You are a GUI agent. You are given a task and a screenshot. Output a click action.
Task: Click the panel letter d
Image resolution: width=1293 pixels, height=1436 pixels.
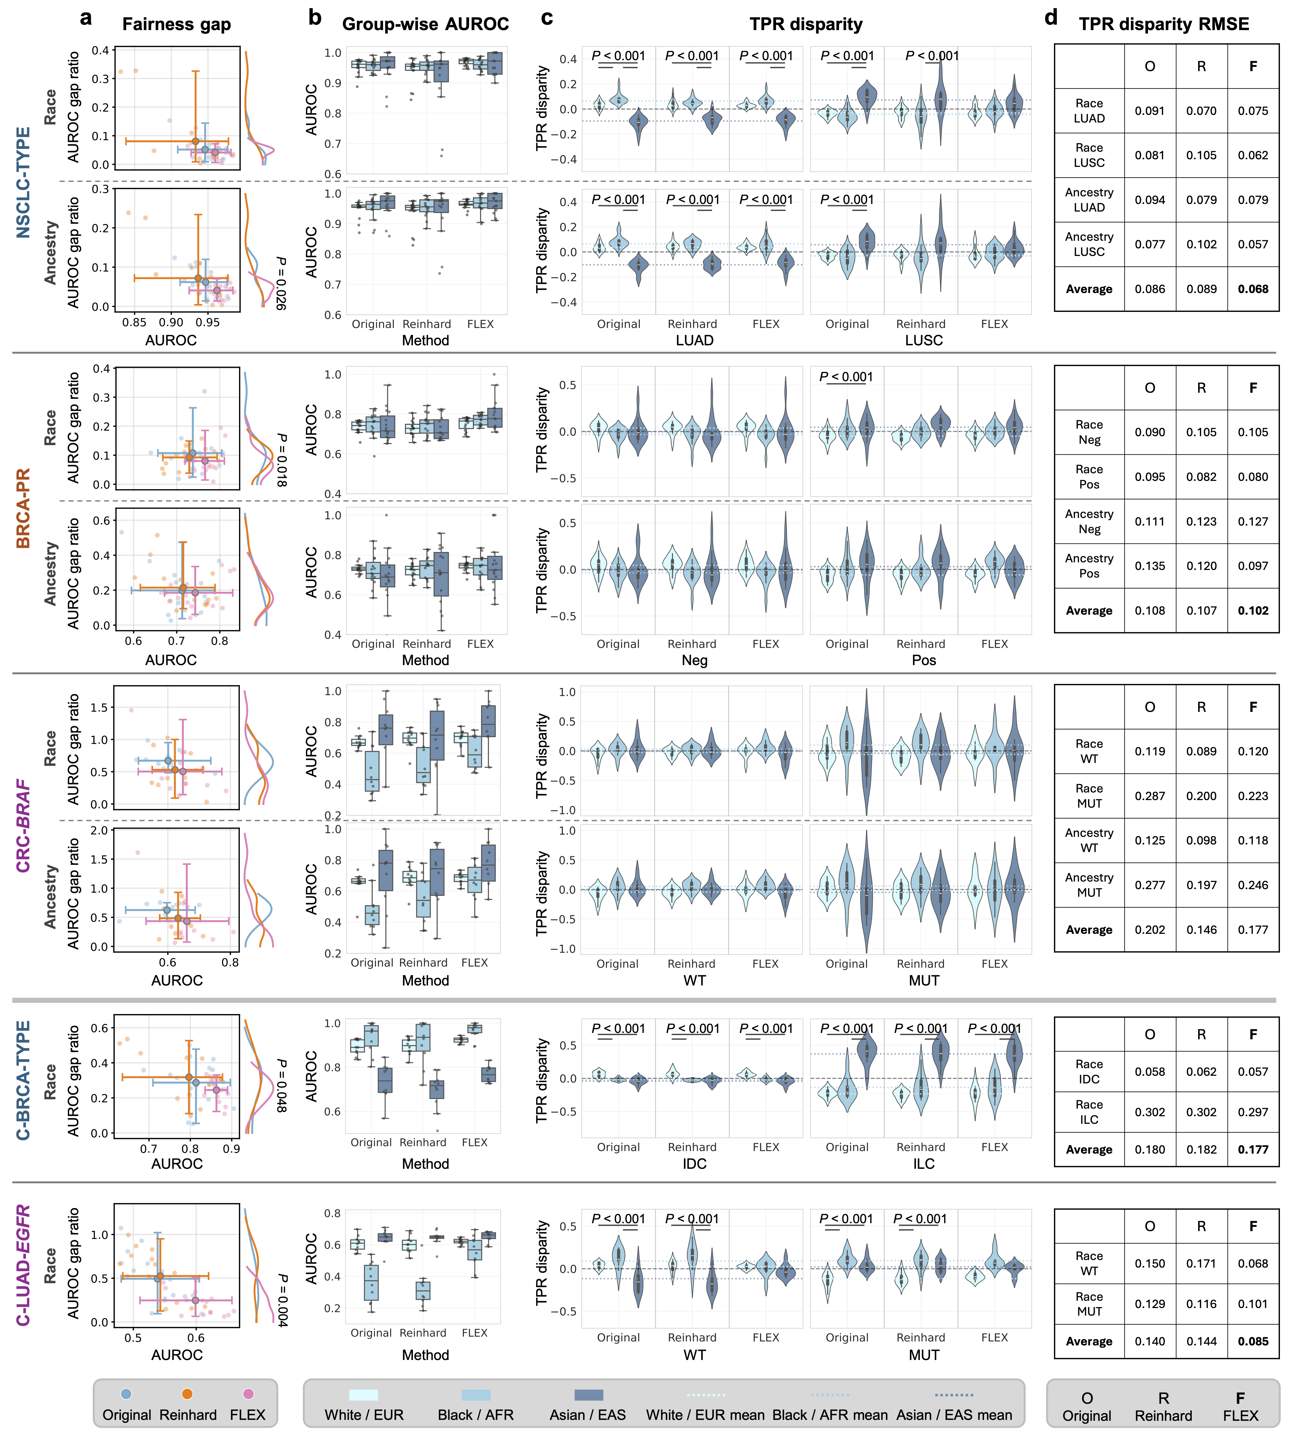1051,18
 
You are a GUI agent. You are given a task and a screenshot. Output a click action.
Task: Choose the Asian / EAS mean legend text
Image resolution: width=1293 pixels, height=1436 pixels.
953,1415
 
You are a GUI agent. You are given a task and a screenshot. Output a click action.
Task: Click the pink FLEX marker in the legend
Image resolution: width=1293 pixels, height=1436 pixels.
248,1394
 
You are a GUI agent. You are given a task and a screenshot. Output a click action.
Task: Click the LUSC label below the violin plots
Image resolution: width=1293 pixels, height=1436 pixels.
924,340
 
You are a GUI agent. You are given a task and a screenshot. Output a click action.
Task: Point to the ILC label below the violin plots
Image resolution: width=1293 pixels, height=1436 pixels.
924,1163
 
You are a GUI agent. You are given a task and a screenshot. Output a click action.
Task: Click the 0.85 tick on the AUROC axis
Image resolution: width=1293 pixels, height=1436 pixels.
134,323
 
